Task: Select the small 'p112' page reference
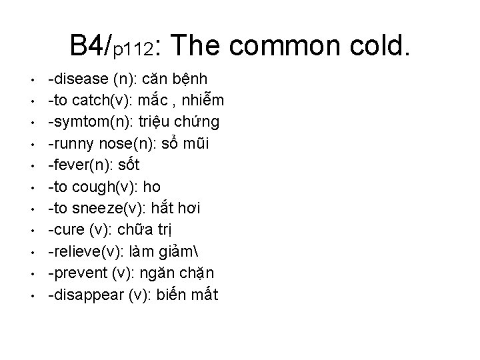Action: pyautogui.click(x=134, y=51)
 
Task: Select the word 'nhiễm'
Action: pyautogui.click(x=203, y=101)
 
